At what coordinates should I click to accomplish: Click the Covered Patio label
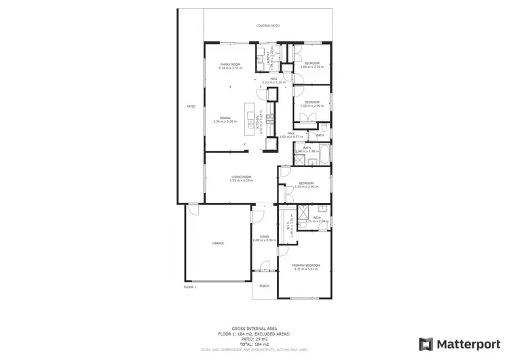pos(267,26)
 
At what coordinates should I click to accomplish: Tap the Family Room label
pos(229,65)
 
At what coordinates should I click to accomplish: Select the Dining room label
pos(225,118)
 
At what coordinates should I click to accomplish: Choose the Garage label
pos(218,242)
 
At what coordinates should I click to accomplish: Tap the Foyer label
pos(263,236)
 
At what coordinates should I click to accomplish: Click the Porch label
pos(264,286)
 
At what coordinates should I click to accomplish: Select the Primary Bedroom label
pos(306,266)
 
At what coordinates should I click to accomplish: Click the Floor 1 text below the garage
pos(189,287)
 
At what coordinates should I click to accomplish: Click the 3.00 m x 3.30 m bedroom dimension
pos(314,67)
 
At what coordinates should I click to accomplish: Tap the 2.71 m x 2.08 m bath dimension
pos(317,221)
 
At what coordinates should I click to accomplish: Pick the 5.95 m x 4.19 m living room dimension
pos(241,181)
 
